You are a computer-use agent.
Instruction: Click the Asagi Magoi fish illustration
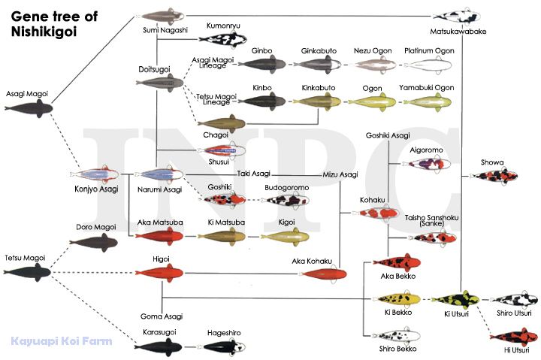[x=29, y=108]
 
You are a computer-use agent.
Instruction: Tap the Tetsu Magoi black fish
[x=27, y=272]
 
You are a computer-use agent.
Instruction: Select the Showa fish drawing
[x=494, y=176]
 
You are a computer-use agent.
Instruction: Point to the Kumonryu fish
[x=223, y=39]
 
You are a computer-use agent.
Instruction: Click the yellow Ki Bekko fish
[x=397, y=299]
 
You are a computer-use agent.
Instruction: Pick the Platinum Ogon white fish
[x=428, y=65]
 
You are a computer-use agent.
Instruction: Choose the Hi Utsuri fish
[x=514, y=337]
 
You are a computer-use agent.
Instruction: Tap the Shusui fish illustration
[x=222, y=150]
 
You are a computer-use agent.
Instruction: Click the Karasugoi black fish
[x=159, y=347]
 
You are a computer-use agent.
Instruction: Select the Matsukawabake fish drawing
[x=457, y=16]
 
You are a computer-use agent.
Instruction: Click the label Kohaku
[x=372, y=200]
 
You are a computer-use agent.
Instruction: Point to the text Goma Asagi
[x=162, y=316]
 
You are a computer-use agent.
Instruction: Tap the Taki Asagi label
[x=254, y=174]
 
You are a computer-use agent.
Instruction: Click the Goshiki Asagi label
[x=388, y=135]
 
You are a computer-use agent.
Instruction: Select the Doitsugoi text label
[x=154, y=69]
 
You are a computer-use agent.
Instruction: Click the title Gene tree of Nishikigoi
[x=54, y=24]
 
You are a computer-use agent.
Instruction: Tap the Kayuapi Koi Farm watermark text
[x=62, y=341]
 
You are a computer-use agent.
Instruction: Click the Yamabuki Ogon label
[x=427, y=88]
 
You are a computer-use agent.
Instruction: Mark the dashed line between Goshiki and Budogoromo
[x=254, y=200]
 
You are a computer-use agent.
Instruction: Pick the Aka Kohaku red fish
[x=323, y=274]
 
